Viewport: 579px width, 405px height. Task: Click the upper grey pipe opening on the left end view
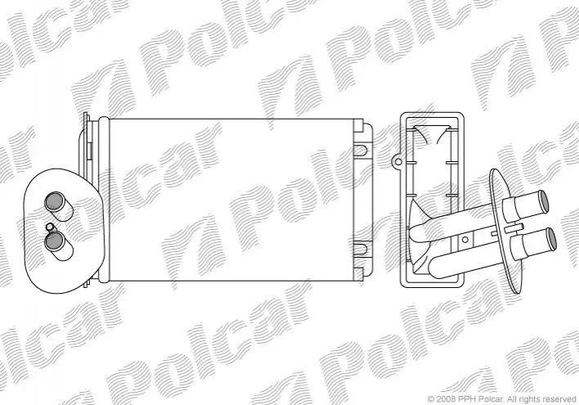point(54,202)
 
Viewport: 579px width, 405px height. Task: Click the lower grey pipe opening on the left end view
point(54,241)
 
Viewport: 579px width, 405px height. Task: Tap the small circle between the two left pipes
point(49,227)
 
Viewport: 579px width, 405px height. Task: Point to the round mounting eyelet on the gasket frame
point(397,161)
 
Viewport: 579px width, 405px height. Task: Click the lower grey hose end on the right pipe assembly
point(551,239)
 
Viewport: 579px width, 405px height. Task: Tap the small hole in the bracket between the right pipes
point(465,240)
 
